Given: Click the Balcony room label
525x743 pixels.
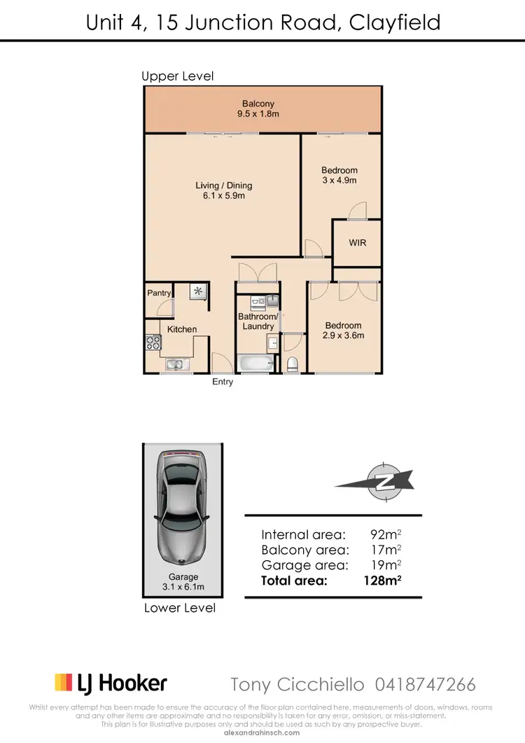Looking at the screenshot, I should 258,104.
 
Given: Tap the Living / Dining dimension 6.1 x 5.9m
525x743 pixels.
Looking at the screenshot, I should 223,196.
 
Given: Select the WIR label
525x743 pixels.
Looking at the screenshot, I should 357,243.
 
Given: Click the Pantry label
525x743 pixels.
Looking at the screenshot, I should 159,293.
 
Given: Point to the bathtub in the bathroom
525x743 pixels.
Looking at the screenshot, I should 252,363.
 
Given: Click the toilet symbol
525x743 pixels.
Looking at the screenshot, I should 294,363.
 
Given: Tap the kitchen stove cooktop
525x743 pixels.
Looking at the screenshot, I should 153,342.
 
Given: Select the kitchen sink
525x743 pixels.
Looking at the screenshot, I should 176,363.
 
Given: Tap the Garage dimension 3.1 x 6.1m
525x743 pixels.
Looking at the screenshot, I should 182,587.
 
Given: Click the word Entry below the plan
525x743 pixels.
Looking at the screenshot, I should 223,382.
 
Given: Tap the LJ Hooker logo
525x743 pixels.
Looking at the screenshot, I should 111,683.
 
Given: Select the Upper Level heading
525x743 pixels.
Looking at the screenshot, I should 178,76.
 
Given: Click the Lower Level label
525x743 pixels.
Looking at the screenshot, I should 180,607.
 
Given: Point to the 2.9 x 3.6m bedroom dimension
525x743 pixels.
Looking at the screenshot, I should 343,335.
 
